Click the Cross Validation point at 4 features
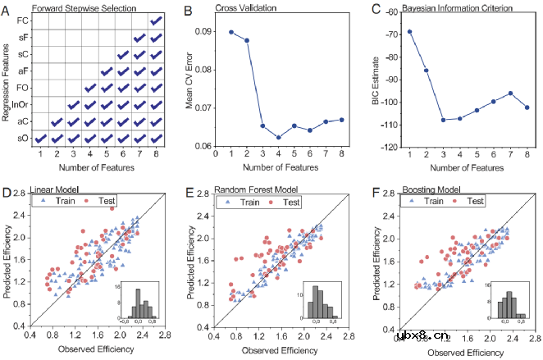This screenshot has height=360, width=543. click(x=279, y=137)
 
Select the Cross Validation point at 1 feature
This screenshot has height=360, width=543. click(x=230, y=32)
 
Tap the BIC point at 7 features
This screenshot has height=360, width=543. click(x=509, y=93)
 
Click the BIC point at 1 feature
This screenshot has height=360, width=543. click(x=410, y=31)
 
